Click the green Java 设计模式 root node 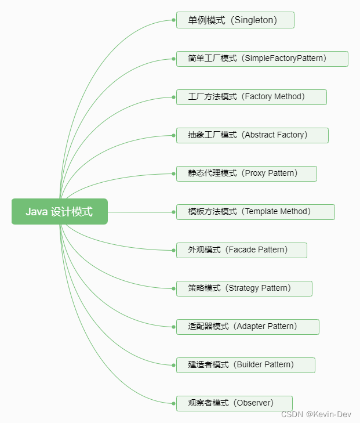[60, 212]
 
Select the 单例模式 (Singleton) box [235, 20]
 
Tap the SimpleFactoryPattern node [262, 59]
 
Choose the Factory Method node [252, 97]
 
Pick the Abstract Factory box [252, 135]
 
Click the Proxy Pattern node [246, 173]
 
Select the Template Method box [256, 212]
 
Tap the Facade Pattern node [242, 250]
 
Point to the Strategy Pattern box [244, 288]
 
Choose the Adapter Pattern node [248, 327]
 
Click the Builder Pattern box [246, 365]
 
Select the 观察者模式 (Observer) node [234, 403]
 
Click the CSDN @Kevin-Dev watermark [317, 414]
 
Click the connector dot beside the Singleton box [173, 20]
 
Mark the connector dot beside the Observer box [173, 403]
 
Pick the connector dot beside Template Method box [173, 212]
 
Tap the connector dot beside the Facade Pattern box [173, 250]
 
